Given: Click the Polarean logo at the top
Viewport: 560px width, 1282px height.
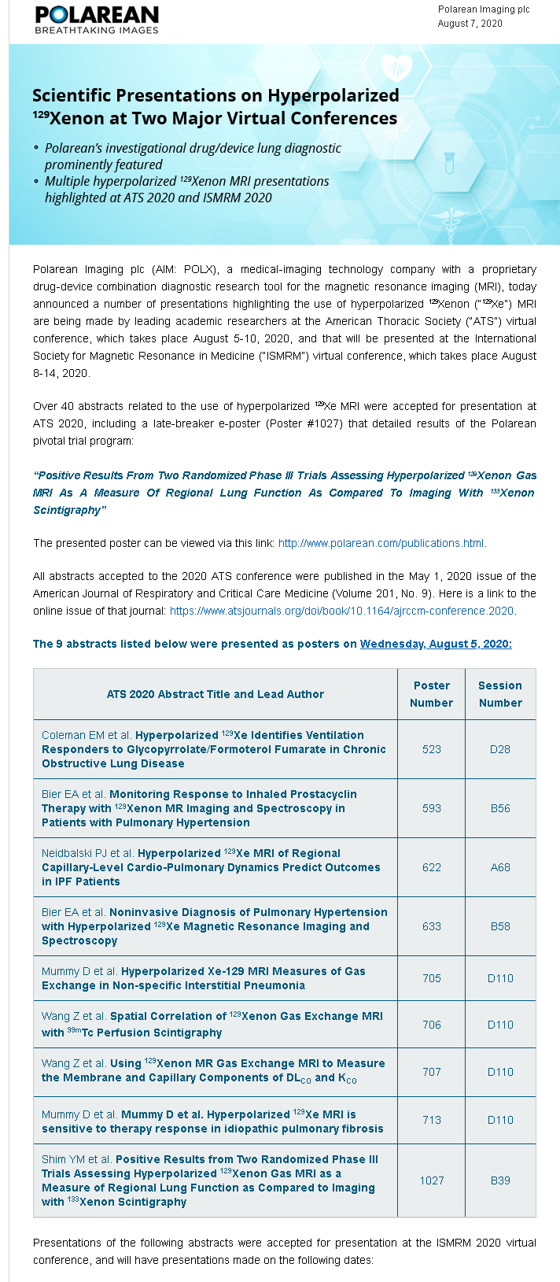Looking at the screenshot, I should coord(97,20).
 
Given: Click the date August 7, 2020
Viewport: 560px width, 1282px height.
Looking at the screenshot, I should coord(470,24).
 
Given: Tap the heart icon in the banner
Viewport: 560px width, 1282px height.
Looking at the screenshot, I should coord(396,68).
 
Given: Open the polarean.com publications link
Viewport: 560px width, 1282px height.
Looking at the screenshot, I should coord(381,543).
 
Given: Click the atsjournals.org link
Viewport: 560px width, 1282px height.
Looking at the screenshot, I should coord(342,611).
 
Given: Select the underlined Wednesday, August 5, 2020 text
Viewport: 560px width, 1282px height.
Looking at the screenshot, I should coord(436,644).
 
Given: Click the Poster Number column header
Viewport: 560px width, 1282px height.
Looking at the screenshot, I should coord(431,694).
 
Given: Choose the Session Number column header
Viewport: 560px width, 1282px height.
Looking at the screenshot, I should coord(500,694).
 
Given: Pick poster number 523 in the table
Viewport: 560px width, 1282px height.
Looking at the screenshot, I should coord(431,749).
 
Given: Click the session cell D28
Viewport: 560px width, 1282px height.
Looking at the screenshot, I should coord(500,749).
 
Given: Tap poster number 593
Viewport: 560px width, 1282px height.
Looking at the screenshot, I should coord(431,808).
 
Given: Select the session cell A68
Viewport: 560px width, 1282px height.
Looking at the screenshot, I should coord(500,867).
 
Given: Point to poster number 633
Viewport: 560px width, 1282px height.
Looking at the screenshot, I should coord(431,926).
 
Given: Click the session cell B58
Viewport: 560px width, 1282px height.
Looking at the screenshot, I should coord(500,926).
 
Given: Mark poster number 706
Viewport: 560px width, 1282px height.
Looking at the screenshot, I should coord(431,1025).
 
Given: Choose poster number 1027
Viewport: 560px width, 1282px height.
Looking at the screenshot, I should coord(431,1180).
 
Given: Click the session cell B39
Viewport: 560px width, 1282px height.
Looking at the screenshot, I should coord(500,1180).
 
